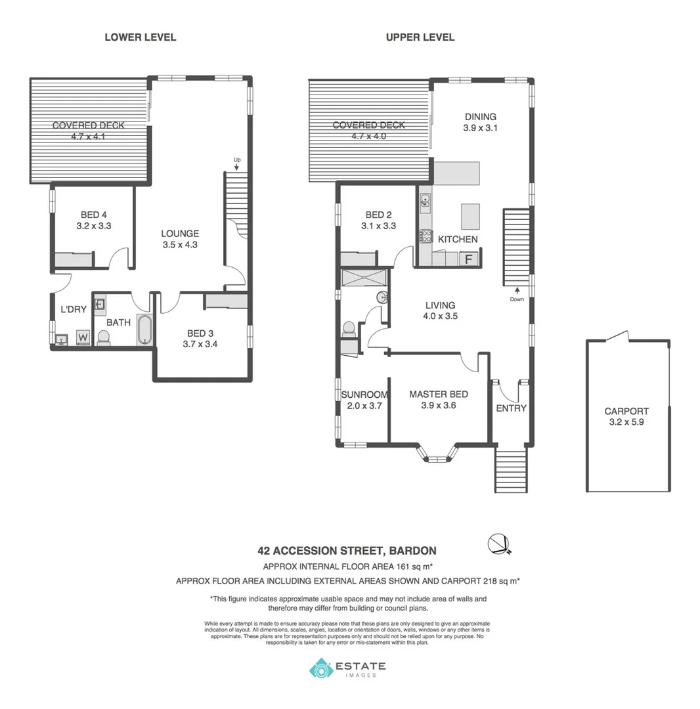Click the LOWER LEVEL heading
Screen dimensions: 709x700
(140, 37)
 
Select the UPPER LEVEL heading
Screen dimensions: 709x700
(420, 37)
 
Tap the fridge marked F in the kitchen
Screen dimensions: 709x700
(469, 258)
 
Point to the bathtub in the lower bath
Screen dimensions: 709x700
(144, 330)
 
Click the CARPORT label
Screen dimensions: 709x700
(626, 412)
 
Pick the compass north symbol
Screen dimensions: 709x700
(498, 543)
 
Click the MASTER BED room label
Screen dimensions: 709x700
(438, 394)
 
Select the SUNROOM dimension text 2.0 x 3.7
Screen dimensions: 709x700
(364, 406)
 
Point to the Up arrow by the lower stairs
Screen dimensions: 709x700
(236, 164)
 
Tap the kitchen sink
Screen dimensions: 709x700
(426, 200)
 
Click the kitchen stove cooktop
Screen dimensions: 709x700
(426, 236)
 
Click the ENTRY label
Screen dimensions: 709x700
(511, 408)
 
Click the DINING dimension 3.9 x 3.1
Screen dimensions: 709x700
(481, 129)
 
